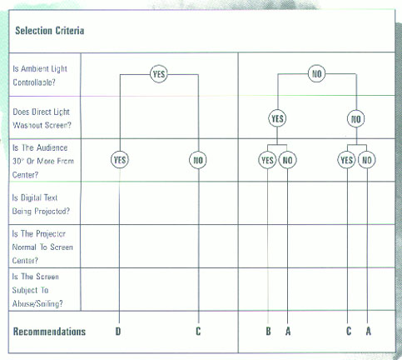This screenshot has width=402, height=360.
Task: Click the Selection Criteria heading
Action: (x=50, y=30)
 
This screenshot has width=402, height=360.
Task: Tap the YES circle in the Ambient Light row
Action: (x=159, y=74)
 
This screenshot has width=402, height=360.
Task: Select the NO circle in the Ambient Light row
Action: (x=317, y=73)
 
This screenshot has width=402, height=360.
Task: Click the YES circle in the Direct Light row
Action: (x=277, y=118)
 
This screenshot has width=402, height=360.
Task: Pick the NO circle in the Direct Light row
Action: (x=356, y=119)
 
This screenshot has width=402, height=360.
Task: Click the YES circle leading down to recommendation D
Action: (x=120, y=160)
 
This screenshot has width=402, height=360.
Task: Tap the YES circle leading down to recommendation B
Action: (x=267, y=160)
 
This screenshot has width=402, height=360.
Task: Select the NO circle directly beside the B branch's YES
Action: (x=287, y=160)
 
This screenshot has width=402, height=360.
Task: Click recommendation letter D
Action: (x=118, y=331)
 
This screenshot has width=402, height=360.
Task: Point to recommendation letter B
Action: (x=268, y=331)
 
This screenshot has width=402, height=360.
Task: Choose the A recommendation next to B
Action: (x=288, y=331)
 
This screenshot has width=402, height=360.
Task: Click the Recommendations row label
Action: (x=49, y=332)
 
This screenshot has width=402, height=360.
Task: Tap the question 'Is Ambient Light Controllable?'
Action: (x=40, y=76)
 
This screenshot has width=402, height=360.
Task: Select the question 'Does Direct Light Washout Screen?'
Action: (x=42, y=118)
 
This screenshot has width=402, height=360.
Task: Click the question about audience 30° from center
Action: (x=43, y=161)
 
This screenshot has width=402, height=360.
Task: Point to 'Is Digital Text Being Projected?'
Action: (x=41, y=204)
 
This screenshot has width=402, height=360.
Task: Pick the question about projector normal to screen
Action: (x=42, y=247)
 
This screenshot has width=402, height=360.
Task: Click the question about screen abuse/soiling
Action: (x=37, y=290)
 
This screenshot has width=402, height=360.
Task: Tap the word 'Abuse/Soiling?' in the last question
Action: (x=37, y=303)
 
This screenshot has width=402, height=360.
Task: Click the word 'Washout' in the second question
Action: (x=27, y=125)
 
